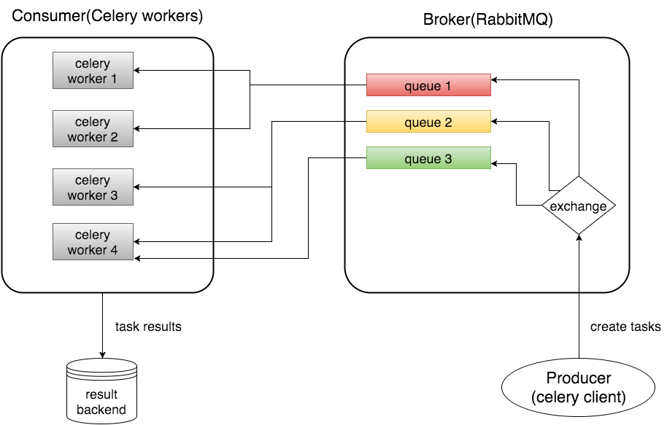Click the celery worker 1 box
(93, 71)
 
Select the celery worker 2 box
(93, 129)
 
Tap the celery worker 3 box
(93, 187)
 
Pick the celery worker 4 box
(93, 242)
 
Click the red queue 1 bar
(428, 85)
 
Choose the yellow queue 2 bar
(428, 122)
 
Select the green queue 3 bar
(428, 158)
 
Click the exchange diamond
(578, 206)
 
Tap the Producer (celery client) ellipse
(579, 388)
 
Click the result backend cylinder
(101, 391)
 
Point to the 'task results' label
(148, 327)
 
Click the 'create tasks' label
(625, 327)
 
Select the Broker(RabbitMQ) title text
(487, 20)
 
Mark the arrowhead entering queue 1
(496, 77)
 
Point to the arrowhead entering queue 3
(496, 164)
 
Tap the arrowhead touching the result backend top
(102, 354)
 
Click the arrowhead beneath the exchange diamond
(578, 239)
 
